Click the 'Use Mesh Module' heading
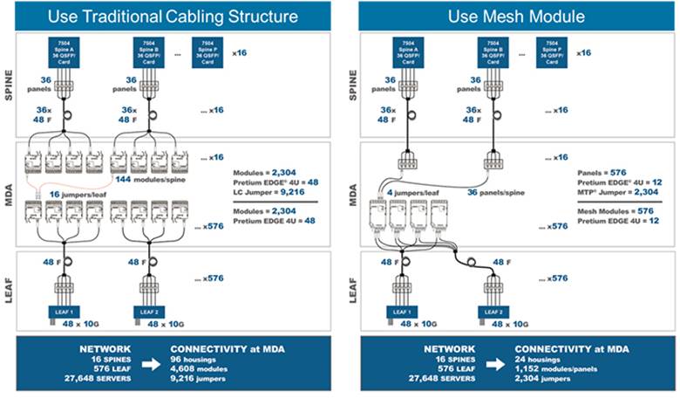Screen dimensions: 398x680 tap(510, 15)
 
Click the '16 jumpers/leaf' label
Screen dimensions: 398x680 tap(65, 191)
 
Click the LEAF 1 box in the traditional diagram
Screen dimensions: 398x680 tap(60, 311)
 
